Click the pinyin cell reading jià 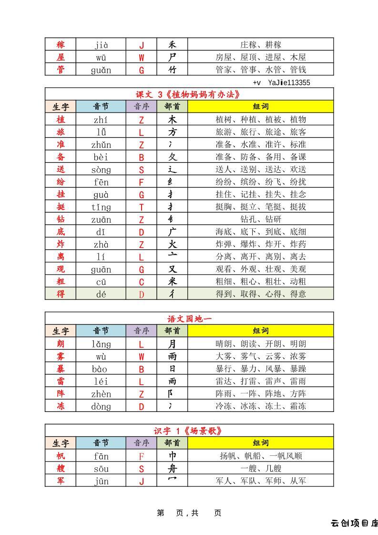tap(101, 45)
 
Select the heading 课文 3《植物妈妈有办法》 tap(189, 94)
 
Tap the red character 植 tap(61, 119)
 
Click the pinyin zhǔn tap(101, 144)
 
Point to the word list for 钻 tap(261, 219)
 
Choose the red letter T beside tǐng tap(141, 207)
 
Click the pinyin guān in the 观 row tap(101, 269)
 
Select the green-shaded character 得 tap(61, 294)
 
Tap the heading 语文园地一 tap(189, 319)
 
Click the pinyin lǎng tap(101, 344)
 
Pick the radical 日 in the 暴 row tap(172, 369)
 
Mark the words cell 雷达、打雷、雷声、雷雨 tap(261, 381)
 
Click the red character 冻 tap(61, 406)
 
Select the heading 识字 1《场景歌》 tap(189, 431)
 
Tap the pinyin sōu tap(101, 468)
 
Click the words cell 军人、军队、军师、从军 tap(261, 481)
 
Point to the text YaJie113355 tap(288, 82)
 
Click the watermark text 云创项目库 tap(354, 523)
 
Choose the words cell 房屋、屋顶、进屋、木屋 tap(261, 57)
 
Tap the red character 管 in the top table tap(61, 70)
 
